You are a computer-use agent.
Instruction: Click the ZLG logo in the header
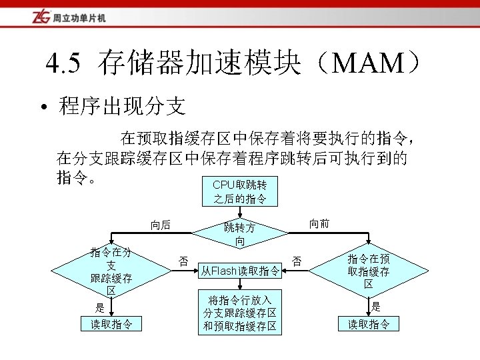(41, 17)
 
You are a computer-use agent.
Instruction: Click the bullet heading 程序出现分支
(122, 105)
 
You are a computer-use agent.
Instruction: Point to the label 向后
(160, 225)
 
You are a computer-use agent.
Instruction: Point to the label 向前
(319, 224)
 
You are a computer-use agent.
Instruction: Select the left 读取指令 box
(111, 325)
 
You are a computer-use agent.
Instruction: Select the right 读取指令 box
(369, 325)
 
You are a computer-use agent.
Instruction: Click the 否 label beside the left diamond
(182, 259)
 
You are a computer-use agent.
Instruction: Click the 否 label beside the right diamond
(296, 260)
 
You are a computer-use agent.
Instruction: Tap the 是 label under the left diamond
(100, 308)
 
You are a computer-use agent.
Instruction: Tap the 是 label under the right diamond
(377, 307)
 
